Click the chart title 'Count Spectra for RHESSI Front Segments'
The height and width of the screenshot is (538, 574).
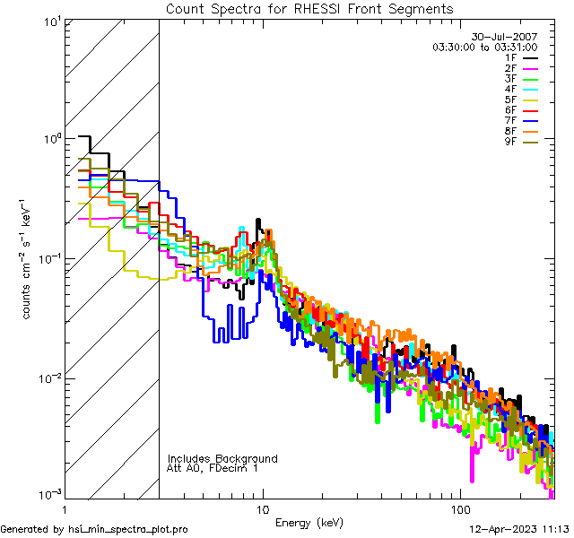point(309,8)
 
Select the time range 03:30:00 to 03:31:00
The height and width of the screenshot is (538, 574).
point(485,47)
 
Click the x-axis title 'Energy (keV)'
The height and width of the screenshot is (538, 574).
point(309,522)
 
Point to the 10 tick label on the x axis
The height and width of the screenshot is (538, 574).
point(263,508)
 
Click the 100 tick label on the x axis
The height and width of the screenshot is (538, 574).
point(460,508)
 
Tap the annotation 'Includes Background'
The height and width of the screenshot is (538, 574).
point(222,458)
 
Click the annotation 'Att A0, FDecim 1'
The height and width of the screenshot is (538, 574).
point(213,468)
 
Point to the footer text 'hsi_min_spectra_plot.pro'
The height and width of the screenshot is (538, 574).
point(128,529)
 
